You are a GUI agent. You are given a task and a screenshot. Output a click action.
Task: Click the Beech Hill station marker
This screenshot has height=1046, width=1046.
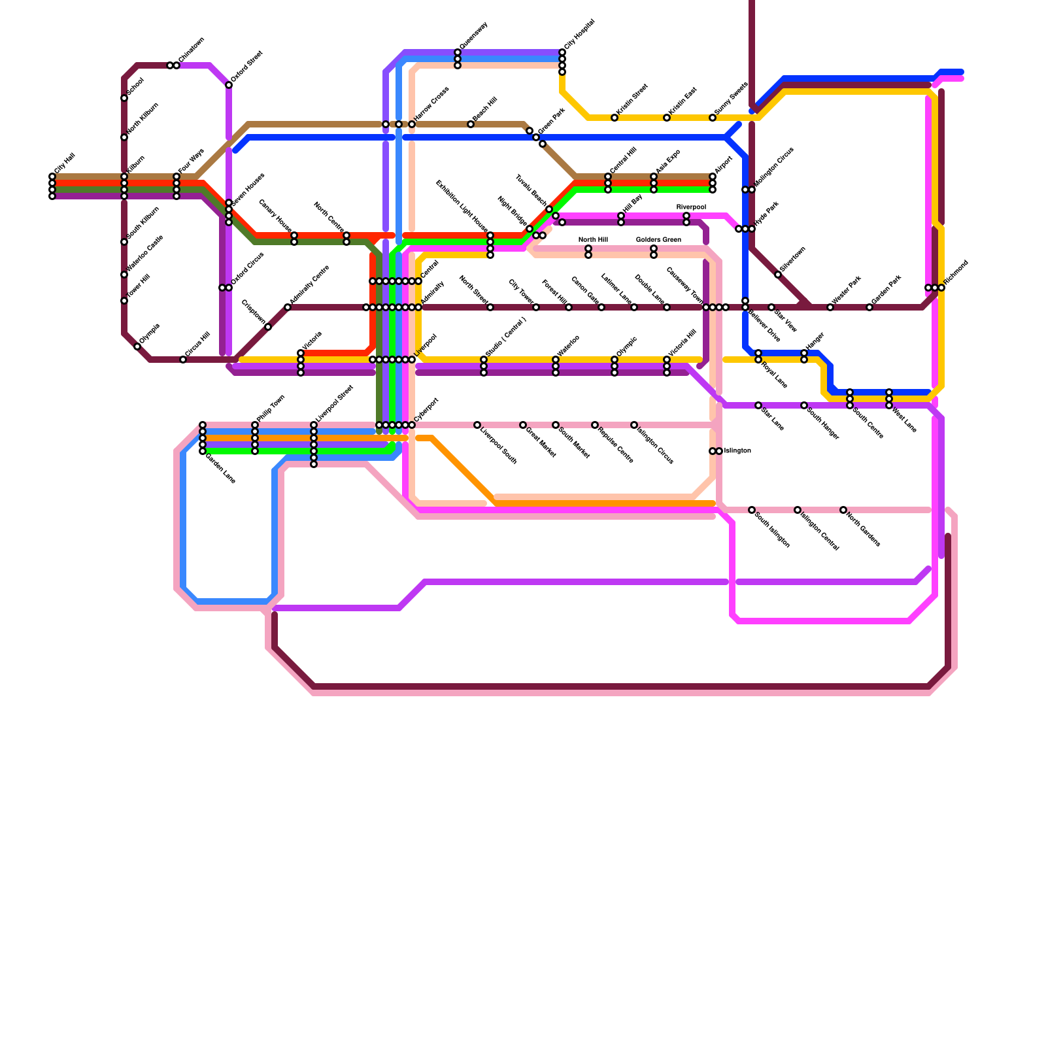pyautogui.click(x=471, y=124)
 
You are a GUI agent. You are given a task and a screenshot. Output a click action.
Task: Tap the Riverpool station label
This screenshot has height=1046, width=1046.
pyautogui.click(x=691, y=207)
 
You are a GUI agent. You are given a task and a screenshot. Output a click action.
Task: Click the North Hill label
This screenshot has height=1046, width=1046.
pyautogui.click(x=593, y=240)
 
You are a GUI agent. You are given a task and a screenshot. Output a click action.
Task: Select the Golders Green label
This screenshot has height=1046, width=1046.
pyautogui.click(x=658, y=240)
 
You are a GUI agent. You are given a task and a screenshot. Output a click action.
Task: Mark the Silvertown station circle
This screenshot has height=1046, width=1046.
pyautogui.click(x=778, y=275)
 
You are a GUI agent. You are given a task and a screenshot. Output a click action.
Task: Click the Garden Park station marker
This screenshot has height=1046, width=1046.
pyautogui.click(x=869, y=307)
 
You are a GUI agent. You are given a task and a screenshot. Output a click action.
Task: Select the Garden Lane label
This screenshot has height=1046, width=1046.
pyautogui.click(x=220, y=468)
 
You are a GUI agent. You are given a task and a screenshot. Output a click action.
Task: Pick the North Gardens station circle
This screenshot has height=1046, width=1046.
pyautogui.click(x=843, y=510)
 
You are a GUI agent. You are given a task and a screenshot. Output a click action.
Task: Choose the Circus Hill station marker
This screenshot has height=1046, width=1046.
pyautogui.click(x=183, y=360)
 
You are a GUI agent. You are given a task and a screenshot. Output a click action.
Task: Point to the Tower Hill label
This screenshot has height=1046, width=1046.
pyautogui.click(x=139, y=286)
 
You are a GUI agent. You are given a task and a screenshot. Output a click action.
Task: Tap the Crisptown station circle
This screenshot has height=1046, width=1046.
pyautogui.click(x=268, y=327)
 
